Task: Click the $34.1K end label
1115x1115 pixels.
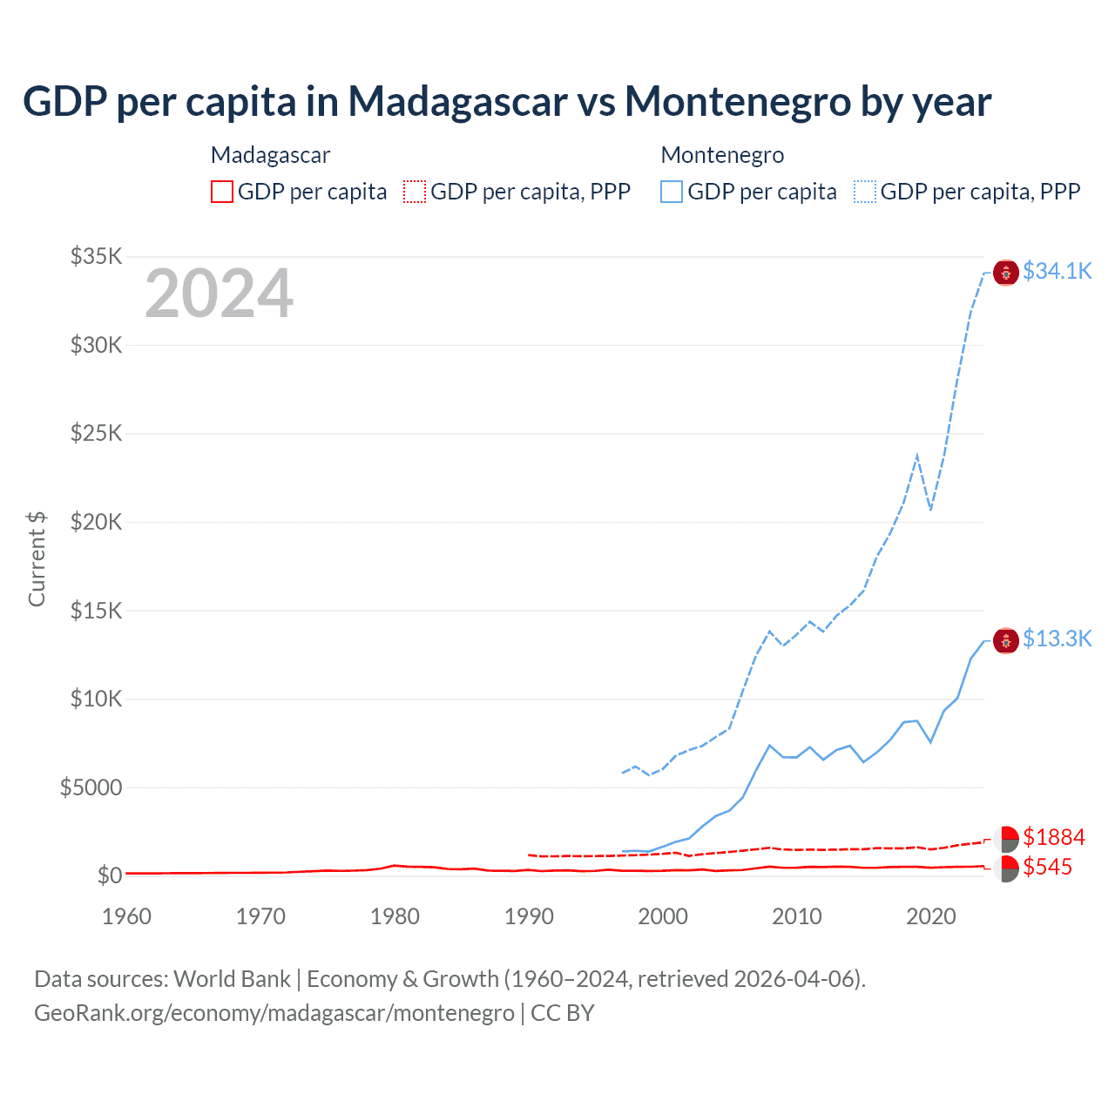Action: (1057, 271)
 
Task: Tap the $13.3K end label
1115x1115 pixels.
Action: (1057, 639)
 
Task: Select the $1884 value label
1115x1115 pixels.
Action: (1053, 837)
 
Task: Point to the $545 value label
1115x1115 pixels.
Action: (1047, 867)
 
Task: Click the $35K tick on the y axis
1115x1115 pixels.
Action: (97, 256)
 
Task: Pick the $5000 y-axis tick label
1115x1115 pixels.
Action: (91, 787)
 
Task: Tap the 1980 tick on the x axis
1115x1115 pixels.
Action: (395, 916)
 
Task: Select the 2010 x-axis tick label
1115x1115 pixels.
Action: (797, 916)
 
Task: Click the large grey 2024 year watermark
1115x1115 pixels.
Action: (219, 294)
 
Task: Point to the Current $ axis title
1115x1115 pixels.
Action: (37, 559)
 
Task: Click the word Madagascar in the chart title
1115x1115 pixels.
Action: (457, 101)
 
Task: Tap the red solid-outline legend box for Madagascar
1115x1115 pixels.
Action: (222, 192)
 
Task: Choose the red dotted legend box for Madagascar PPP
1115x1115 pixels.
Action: (415, 192)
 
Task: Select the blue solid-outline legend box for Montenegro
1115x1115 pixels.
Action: (672, 192)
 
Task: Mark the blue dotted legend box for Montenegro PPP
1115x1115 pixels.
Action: (865, 192)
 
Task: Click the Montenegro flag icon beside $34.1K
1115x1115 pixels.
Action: (1006, 273)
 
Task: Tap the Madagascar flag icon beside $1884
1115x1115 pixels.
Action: (1006, 840)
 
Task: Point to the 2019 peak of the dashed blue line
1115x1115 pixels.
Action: (917, 455)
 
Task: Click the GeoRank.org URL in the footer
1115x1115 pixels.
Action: (274, 1013)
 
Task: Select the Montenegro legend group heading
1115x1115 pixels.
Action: (722, 155)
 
